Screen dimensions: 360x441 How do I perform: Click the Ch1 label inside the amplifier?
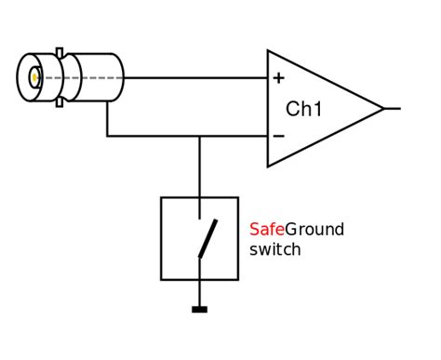[303, 109]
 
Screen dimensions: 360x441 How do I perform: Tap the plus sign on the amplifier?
[277, 78]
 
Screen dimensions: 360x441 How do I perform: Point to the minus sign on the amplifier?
[277, 137]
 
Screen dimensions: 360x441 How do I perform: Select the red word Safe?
[266, 230]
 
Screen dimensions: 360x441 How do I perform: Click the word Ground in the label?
[314, 230]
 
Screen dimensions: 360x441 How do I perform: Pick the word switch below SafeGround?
[275, 249]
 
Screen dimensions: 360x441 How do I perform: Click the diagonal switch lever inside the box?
[207, 238]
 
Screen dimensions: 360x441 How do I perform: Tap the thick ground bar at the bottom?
[199, 309]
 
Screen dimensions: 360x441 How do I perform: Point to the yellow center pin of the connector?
[34, 78]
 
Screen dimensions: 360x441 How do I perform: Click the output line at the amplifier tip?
[393, 109]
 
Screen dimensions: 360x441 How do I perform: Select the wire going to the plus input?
[195, 78]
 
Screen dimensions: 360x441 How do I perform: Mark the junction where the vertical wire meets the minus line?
[199, 137]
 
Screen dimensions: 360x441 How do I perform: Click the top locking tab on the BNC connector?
[60, 52]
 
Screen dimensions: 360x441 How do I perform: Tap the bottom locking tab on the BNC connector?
[60, 102]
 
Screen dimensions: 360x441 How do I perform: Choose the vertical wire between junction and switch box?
[199, 167]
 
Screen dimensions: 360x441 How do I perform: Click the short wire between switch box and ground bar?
[199, 292]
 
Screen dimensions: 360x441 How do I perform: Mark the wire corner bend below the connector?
[108, 137]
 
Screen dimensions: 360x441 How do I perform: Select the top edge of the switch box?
[199, 197]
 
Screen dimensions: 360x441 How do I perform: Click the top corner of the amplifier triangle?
[268, 51]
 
